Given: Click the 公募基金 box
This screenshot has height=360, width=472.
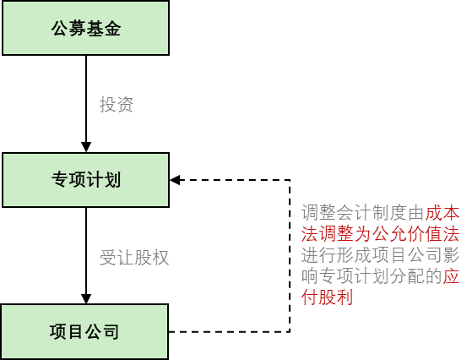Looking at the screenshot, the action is tap(86, 28).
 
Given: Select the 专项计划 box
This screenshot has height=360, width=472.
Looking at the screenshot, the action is tap(86, 180).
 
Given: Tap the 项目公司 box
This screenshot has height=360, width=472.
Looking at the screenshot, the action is tap(84, 331).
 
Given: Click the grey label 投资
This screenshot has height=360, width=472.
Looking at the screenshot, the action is tap(117, 105).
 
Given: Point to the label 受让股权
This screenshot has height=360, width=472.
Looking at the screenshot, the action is tap(134, 258).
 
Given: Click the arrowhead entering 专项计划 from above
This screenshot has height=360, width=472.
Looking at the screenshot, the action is tap(86, 147).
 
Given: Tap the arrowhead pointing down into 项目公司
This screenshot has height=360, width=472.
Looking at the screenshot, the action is tap(86, 298).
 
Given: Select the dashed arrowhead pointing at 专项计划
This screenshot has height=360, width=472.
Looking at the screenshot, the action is tap(175, 180).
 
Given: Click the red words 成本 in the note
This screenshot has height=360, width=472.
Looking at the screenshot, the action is tap(442, 213).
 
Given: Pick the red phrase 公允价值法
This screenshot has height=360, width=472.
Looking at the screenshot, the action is tap(416, 234).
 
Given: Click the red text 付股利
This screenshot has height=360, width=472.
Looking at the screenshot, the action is tap(328, 297).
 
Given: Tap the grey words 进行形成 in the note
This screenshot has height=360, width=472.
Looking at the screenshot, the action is tap(336, 255).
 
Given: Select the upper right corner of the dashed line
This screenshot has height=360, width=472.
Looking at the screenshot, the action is tap(290, 180).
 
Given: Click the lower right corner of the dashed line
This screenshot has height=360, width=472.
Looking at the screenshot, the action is tap(290, 331).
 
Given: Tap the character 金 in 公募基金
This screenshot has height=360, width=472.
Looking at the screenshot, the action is tap(112, 29).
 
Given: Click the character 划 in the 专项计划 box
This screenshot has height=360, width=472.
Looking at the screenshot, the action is tap(112, 180).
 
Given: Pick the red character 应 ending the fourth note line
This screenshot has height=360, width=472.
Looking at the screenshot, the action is tap(451, 276).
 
